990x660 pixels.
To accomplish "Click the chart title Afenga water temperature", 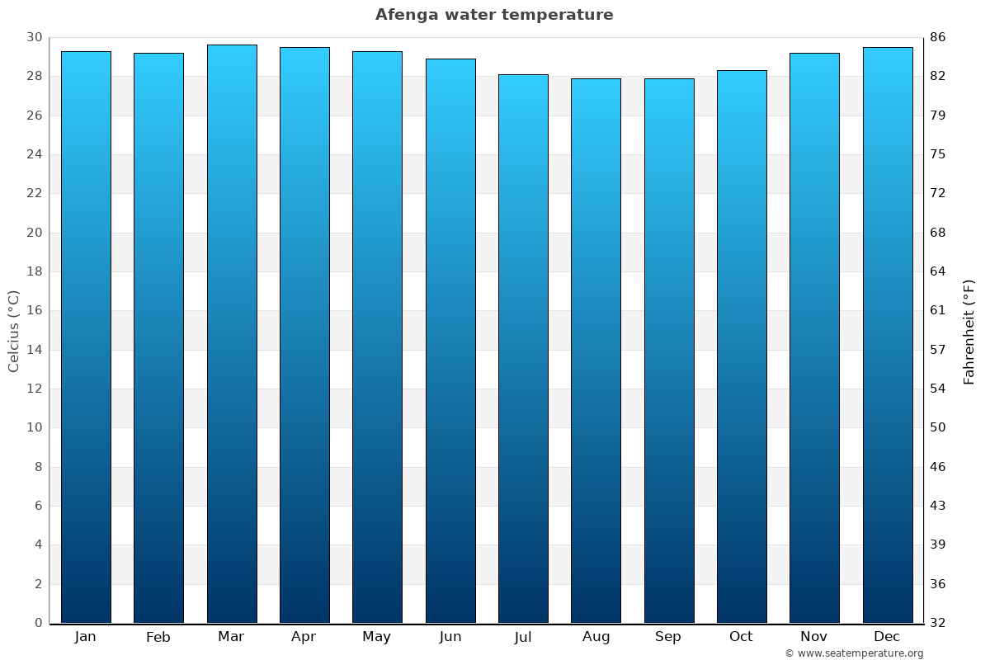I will click(494, 15).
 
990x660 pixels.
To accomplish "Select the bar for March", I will click(232, 334).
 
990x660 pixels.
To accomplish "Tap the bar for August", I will click(596, 351).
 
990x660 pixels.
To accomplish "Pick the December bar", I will click(888, 335).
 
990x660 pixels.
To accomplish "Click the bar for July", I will click(523, 348).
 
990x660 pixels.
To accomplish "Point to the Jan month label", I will click(85, 637).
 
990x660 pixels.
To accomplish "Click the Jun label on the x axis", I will click(450, 637).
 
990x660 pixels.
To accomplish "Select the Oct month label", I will click(741, 637).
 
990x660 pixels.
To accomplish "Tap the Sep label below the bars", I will click(668, 637).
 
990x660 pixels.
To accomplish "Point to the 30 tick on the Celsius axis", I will click(34, 37).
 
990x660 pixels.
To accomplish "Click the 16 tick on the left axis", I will click(34, 311).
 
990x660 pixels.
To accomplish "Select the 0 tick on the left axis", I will click(38, 623).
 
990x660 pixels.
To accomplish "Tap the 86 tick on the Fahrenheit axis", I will click(938, 37).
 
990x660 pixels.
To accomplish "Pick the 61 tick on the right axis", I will click(938, 311).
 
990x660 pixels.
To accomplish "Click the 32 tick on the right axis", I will click(938, 623).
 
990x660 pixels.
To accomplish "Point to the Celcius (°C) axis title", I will click(14, 331).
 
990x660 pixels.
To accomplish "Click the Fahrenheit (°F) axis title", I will click(969, 331).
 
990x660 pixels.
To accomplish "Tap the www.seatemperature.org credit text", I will click(854, 653).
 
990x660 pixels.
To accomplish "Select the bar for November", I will click(814, 338).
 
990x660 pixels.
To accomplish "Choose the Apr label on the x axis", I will click(304, 637).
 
